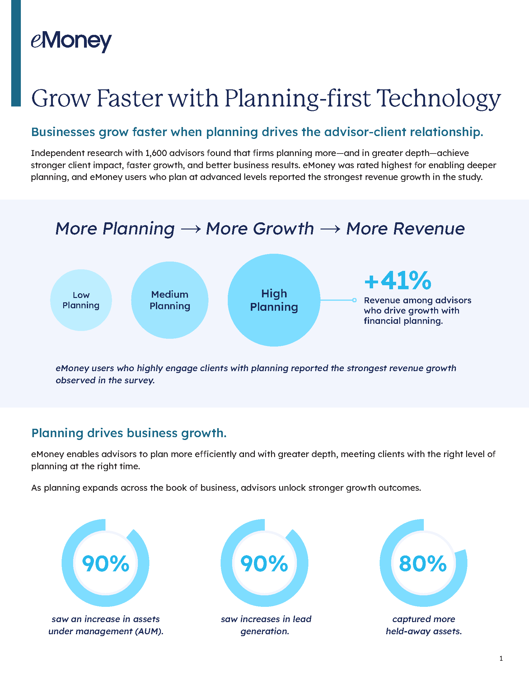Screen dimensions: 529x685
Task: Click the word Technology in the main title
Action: (438, 99)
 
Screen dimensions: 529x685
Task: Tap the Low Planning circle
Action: (81, 300)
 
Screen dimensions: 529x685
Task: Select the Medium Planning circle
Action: (170, 300)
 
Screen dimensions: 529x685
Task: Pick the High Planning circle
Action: (274, 300)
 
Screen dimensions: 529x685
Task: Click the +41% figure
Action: (398, 281)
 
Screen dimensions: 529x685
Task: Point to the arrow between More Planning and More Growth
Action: (190, 229)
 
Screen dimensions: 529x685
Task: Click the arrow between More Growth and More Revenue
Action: (330, 229)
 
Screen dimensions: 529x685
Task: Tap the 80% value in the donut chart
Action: (423, 564)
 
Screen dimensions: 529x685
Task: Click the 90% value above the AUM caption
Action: (105, 564)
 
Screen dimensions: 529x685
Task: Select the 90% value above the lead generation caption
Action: (264, 564)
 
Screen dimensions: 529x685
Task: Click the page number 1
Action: (501, 658)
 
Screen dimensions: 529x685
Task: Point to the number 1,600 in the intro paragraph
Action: (156, 153)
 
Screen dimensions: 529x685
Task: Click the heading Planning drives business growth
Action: (129, 433)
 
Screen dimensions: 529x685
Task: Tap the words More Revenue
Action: (405, 229)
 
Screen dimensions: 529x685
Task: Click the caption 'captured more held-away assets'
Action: (424, 625)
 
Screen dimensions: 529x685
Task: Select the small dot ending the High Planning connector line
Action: (354, 300)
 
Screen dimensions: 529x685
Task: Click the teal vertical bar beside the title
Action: (16, 53)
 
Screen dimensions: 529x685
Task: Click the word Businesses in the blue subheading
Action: (63, 132)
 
